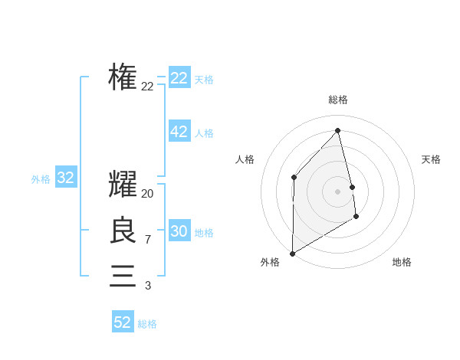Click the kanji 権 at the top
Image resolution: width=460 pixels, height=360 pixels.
click(x=123, y=77)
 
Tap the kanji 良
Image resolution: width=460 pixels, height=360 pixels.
click(x=123, y=231)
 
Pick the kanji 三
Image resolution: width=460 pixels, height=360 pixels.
click(x=123, y=276)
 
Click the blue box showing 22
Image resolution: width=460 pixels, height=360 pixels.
click(x=179, y=78)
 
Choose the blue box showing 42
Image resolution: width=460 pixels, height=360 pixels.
click(x=179, y=132)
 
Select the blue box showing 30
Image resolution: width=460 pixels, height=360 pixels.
click(x=179, y=231)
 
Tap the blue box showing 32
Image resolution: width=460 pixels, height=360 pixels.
click(x=66, y=178)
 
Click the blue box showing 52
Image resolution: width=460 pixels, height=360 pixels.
click(x=123, y=322)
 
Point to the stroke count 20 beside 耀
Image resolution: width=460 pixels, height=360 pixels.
click(x=148, y=194)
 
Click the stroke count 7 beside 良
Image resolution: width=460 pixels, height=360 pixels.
click(x=148, y=240)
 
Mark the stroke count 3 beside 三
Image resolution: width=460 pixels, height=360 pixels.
click(x=148, y=286)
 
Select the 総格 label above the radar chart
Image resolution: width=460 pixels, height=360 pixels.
click(x=338, y=100)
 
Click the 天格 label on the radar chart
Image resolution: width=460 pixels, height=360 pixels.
click(x=431, y=159)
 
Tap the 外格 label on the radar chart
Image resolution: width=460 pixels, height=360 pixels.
click(x=270, y=262)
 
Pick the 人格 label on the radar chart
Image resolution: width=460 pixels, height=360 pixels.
click(x=245, y=159)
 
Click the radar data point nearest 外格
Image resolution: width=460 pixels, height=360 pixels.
click(x=292, y=253)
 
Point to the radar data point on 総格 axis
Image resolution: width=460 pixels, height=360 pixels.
click(x=337, y=130)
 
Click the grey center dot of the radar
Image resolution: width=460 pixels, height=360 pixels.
click(x=337, y=191)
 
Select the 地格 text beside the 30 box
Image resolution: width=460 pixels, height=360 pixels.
click(x=205, y=233)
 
